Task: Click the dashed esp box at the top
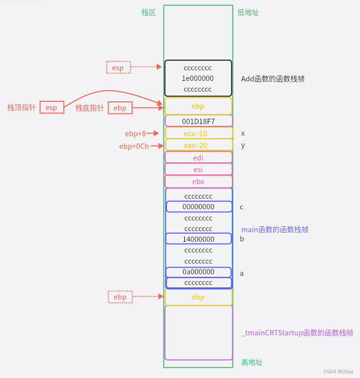[118, 67]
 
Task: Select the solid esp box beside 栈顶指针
[51, 107]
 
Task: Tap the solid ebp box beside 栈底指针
[120, 108]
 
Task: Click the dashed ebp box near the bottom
[120, 297]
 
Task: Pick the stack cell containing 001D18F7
[198, 121]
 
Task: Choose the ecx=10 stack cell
[198, 133]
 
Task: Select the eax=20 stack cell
[198, 144]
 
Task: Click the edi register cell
[198, 157]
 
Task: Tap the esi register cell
[198, 169]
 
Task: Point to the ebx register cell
[198, 181]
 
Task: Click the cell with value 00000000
[198, 206]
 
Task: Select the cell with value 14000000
[198, 239]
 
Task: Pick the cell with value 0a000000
[198, 272]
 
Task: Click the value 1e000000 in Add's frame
[198, 78]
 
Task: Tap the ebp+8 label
[135, 133]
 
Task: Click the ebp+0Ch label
[134, 146]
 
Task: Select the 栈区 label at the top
[148, 13]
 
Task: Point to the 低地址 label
[248, 13]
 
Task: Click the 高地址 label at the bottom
[252, 362]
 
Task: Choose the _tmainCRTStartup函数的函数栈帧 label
[297, 333]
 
